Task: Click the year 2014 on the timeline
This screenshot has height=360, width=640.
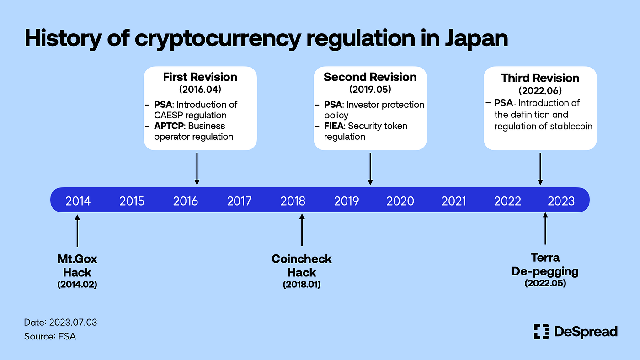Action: pos(78,201)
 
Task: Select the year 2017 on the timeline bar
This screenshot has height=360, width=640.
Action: pos(239,201)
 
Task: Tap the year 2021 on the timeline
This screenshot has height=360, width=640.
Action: pos(454,201)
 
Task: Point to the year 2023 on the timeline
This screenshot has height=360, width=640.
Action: pos(561,201)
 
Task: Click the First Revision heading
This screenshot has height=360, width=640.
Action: pos(200,77)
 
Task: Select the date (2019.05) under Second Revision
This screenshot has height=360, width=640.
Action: pos(370,89)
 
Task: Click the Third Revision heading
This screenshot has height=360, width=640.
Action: pos(540,78)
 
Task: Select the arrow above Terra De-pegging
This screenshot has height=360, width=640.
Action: pos(544,229)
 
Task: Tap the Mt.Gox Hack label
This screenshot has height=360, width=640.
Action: pos(77,266)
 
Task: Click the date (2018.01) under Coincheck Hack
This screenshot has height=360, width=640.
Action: pos(301,285)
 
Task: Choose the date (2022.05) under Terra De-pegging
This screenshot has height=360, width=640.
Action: pos(545,283)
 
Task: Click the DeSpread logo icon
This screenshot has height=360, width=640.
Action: pos(541,332)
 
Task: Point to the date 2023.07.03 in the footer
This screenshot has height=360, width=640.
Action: pos(72,323)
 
